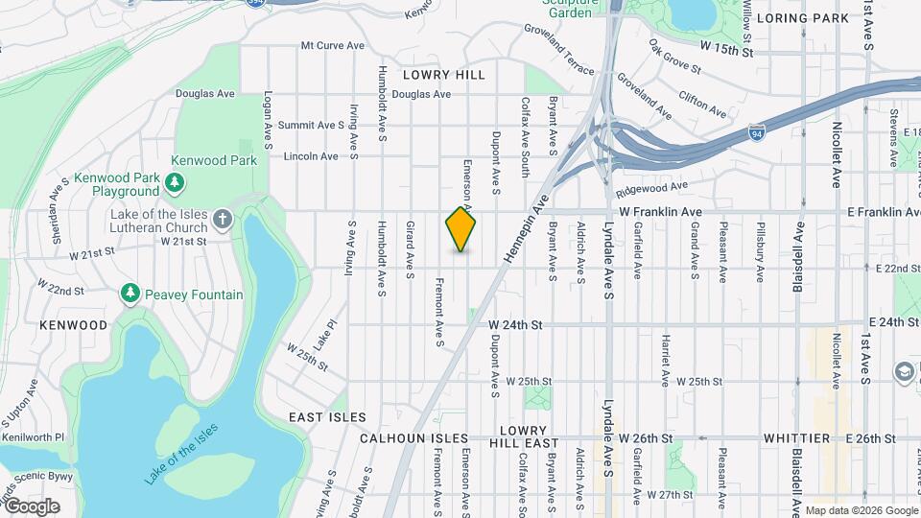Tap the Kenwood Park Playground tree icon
174,182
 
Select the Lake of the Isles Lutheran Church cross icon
222,220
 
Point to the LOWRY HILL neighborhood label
443,74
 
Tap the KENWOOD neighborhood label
74,325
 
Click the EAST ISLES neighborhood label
328,417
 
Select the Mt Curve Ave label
333,45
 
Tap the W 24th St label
515,325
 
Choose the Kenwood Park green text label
214,160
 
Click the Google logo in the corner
32,506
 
